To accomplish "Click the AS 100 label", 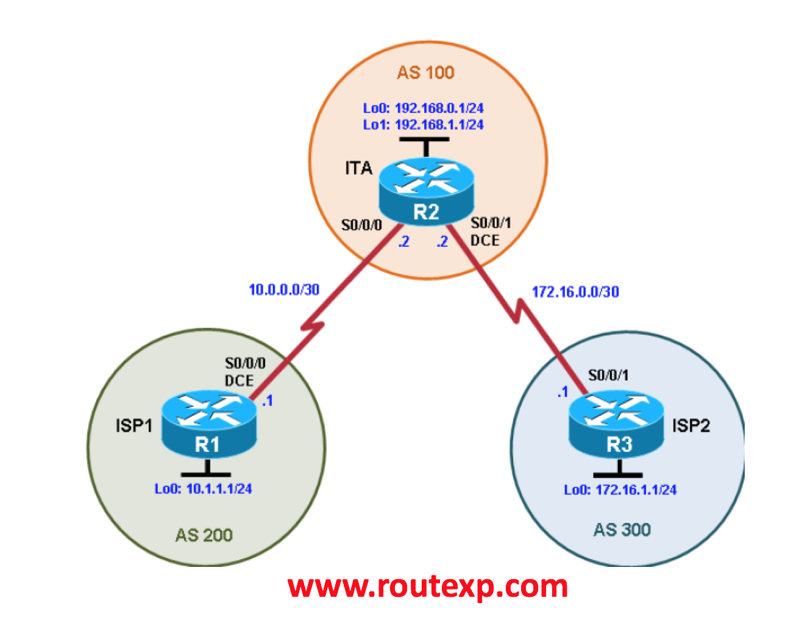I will pyautogui.click(x=425, y=73).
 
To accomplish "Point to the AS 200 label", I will pyautogui.click(x=204, y=535).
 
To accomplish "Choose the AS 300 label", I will pyautogui.click(x=622, y=530).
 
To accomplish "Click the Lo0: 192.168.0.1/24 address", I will pyautogui.click(x=424, y=108).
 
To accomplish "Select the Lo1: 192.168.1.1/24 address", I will pyautogui.click(x=424, y=124).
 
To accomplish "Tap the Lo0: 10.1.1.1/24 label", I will pyautogui.click(x=203, y=489).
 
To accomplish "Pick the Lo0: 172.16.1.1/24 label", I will pyautogui.click(x=620, y=489).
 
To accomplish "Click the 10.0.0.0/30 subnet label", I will pyautogui.click(x=284, y=290).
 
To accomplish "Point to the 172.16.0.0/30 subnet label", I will pyautogui.click(x=575, y=292).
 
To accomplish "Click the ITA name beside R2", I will pyautogui.click(x=358, y=168).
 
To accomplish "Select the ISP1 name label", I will pyautogui.click(x=134, y=425).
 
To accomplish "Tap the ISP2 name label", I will pyautogui.click(x=691, y=425).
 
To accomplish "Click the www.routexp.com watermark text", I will pyautogui.click(x=428, y=586).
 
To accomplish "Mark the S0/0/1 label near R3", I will pyautogui.click(x=608, y=375).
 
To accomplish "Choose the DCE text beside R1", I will pyautogui.click(x=239, y=380).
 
